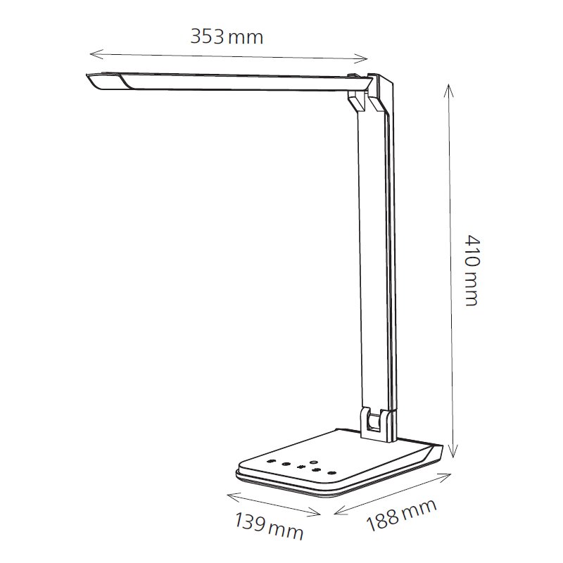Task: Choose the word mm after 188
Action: coord(420,508)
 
